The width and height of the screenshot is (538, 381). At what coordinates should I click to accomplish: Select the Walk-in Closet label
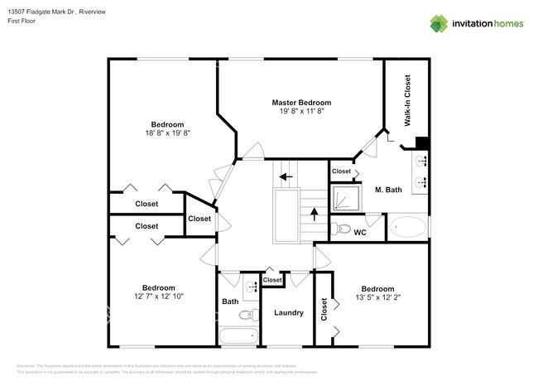(x=407, y=99)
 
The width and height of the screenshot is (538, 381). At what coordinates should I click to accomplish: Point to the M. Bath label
(x=388, y=190)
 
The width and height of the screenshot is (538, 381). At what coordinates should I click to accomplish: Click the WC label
(x=360, y=233)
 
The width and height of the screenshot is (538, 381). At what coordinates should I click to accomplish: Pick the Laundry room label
(x=289, y=313)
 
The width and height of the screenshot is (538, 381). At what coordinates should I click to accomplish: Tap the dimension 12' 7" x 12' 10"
(x=157, y=296)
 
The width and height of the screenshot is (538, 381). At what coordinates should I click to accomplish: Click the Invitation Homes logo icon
(x=440, y=24)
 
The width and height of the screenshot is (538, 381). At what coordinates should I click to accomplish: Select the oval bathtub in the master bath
(x=409, y=227)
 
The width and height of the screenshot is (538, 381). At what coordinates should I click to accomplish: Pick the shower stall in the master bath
(x=343, y=197)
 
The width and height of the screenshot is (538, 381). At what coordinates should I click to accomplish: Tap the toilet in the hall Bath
(x=245, y=315)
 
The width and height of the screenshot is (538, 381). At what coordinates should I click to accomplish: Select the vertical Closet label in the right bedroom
(x=324, y=309)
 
